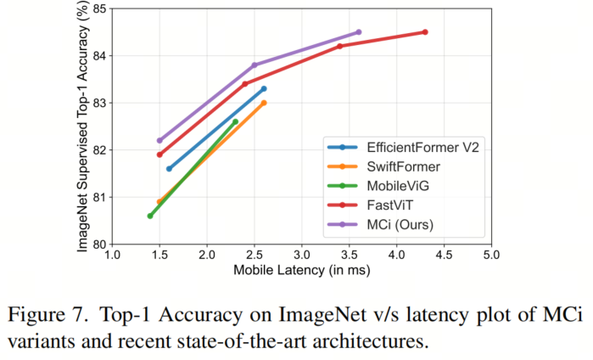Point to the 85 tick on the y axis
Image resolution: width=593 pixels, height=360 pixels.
[96, 9]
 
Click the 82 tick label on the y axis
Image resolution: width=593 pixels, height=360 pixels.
[96, 150]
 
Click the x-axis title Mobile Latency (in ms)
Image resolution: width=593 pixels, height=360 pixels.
[301, 270]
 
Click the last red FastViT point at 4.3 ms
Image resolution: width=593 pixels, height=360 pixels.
[425, 32]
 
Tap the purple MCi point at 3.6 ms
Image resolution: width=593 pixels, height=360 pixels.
[359, 32]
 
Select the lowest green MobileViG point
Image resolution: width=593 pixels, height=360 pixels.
[150, 216]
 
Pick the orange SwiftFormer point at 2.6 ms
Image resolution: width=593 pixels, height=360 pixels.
[264, 103]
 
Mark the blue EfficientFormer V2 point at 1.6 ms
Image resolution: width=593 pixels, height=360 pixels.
[169, 169]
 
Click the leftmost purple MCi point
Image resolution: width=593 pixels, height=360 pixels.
[159, 141]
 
